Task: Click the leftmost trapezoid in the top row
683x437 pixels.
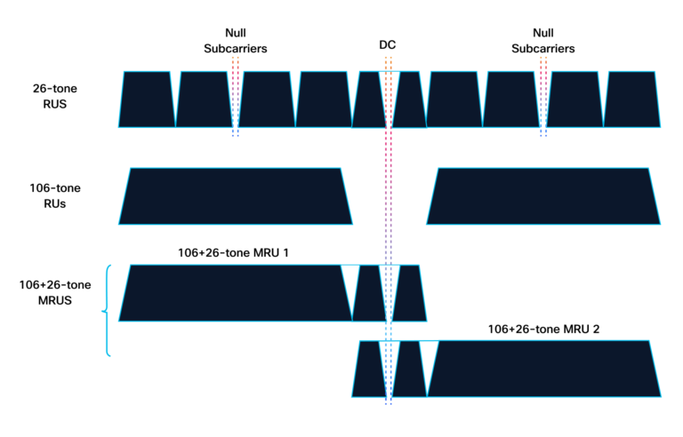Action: (x=147, y=99)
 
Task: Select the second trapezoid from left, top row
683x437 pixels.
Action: (x=203, y=99)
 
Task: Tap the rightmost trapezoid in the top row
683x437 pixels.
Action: (x=632, y=99)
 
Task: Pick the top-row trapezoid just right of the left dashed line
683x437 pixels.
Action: (x=267, y=99)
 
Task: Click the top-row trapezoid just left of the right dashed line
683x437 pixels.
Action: (x=511, y=99)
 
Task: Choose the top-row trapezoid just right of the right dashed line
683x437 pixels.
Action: (x=575, y=99)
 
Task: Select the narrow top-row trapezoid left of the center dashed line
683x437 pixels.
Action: (x=368, y=99)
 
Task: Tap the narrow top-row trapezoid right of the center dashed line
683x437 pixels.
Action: (x=409, y=99)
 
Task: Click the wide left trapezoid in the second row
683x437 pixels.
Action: (x=236, y=196)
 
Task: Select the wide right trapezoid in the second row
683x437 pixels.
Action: (x=543, y=196)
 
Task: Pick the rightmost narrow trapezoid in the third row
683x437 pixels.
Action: (x=409, y=293)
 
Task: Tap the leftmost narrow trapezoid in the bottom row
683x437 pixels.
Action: (x=367, y=369)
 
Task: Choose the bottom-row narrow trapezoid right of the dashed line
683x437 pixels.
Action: (x=409, y=369)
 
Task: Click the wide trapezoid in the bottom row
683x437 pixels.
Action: (x=544, y=369)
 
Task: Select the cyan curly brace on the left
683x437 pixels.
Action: (x=107, y=311)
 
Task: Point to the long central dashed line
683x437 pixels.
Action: (x=388, y=231)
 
